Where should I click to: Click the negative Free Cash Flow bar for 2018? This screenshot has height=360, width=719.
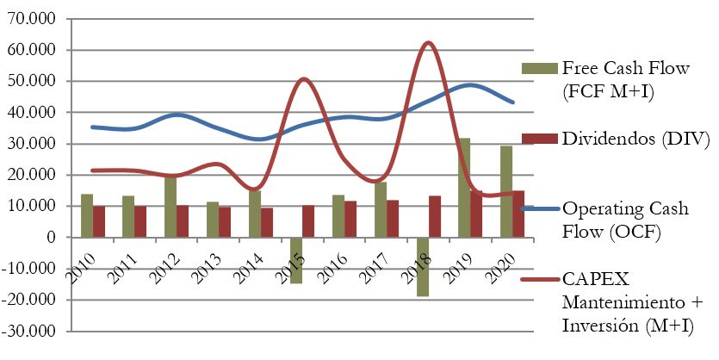click(x=423, y=267)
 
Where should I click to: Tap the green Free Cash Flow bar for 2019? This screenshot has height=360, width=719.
click(x=464, y=188)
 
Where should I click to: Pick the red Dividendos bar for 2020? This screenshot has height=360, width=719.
click(x=518, y=214)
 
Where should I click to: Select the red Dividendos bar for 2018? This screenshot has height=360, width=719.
click(x=435, y=216)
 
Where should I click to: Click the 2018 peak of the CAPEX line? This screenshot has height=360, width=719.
click(x=428, y=42)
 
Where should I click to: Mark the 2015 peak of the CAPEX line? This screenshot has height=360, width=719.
click(x=304, y=79)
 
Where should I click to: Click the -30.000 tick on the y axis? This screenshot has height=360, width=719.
click(x=33, y=331)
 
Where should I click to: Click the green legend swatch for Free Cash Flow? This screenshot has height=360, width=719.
click(x=540, y=68)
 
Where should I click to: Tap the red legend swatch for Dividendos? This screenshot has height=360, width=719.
click(x=540, y=138)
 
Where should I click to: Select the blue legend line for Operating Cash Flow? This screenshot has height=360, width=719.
click(x=540, y=208)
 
